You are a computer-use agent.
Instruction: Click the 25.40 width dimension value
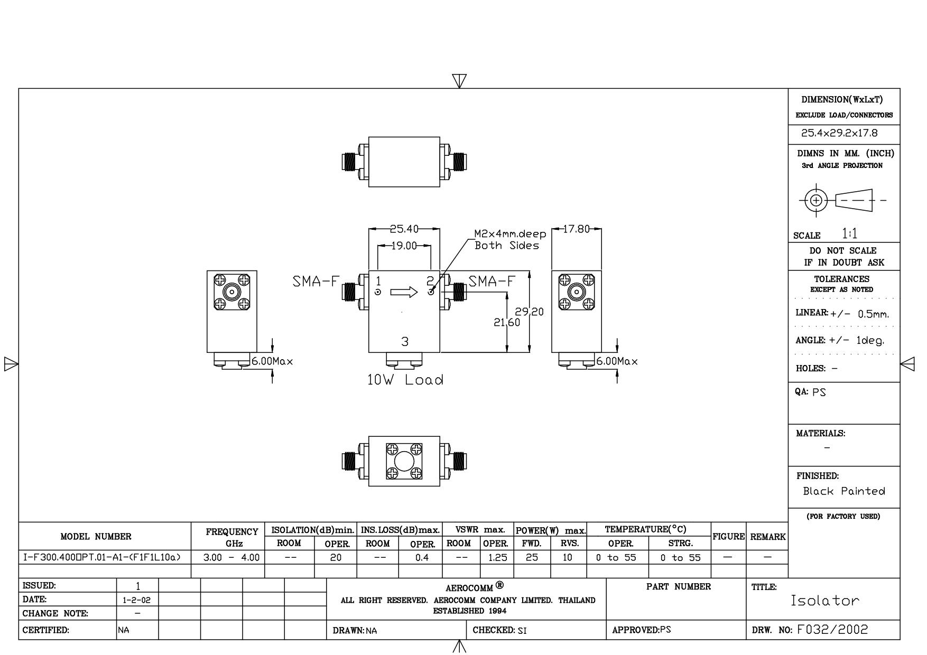point(404,229)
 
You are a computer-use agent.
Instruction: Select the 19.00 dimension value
point(404,246)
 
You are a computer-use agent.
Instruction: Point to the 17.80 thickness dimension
point(576,229)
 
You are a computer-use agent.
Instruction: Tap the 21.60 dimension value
point(507,322)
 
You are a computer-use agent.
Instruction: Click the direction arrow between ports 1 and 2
point(404,292)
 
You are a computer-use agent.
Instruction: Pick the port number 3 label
point(405,342)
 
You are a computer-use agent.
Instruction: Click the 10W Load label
point(405,380)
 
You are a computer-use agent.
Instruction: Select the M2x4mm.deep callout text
point(510,234)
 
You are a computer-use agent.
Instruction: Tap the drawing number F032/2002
point(832,630)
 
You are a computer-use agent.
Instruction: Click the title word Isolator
point(825,601)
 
